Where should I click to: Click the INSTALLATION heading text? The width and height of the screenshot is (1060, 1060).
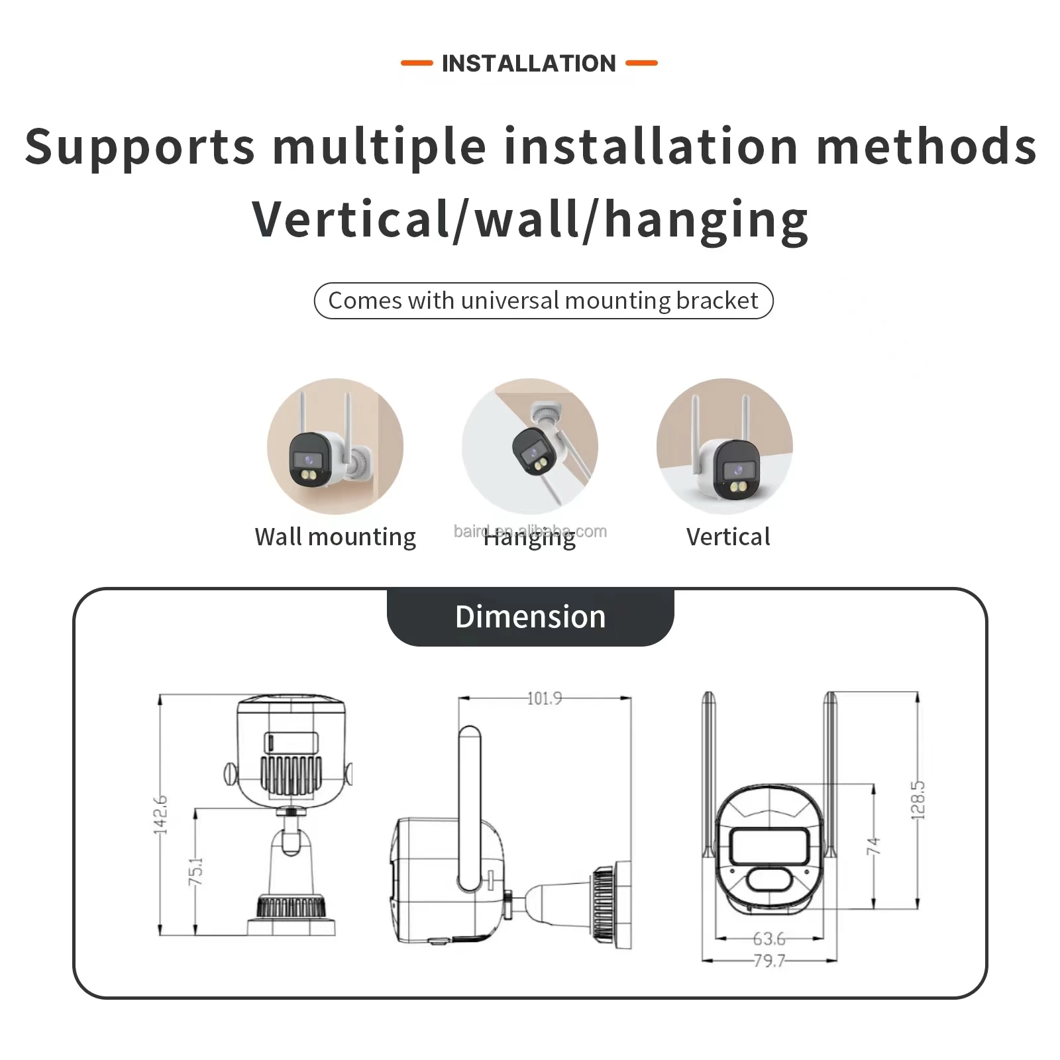click(x=529, y=64)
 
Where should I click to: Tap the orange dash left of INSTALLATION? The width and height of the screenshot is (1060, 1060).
click(x=417, y=64)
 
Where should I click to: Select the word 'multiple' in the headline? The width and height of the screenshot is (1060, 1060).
click(x=380, y=147)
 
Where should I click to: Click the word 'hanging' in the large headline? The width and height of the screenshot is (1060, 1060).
click(x=706, y=221)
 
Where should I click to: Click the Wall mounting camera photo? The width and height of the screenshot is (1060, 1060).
click(x=335, y=447)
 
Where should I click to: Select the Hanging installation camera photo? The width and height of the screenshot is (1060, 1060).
click(x=530, y=447)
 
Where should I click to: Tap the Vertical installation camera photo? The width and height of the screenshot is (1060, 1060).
click(x=725, y=447)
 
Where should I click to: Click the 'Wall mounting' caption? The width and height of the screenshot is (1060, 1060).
click(x=335, y=537)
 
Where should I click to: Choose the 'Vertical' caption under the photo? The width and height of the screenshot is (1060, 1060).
click(x=728, y=537)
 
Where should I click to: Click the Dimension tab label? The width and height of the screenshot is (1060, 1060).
click(x=530, y=617)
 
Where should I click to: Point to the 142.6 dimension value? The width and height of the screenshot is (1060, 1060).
click(x=161, y=814)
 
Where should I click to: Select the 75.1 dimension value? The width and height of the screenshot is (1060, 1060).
click(x=196, y=871)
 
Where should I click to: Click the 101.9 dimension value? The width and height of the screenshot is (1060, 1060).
click(x=545, y=698)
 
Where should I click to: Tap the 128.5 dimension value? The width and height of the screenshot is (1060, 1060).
click(x=918, y=800)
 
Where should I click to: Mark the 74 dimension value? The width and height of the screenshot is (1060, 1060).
click(x=874, y=845)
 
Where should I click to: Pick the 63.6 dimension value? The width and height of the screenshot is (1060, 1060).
click(x=768, y=939)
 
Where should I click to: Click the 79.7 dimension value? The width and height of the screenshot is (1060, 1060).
click(x=768, y=961)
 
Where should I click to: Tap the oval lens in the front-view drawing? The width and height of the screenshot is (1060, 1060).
click(x=768, y=880)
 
